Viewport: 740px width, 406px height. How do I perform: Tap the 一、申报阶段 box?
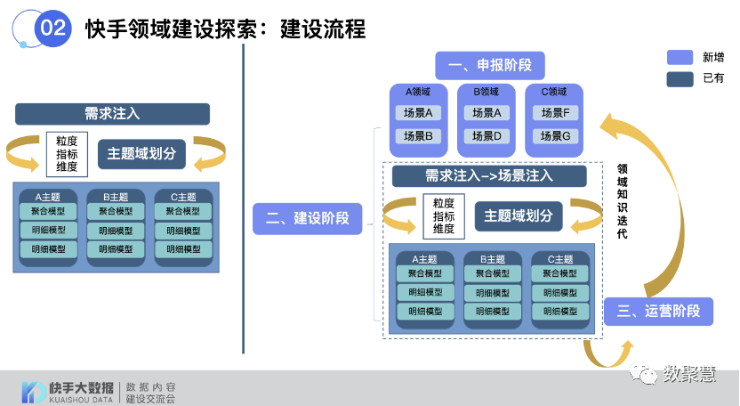pos(489,65)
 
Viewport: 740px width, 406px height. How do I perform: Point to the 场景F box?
pos(554,113)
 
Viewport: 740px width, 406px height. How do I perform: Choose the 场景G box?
pos(554,136)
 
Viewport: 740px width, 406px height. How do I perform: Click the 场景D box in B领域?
pos(487,136)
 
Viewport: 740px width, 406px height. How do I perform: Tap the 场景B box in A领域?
pos(418,136)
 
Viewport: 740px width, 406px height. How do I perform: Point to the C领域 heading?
pos(554,92)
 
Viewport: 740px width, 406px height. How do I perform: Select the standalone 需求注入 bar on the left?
pos(112,113)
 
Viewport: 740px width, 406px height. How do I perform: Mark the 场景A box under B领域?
pos(487,113)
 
